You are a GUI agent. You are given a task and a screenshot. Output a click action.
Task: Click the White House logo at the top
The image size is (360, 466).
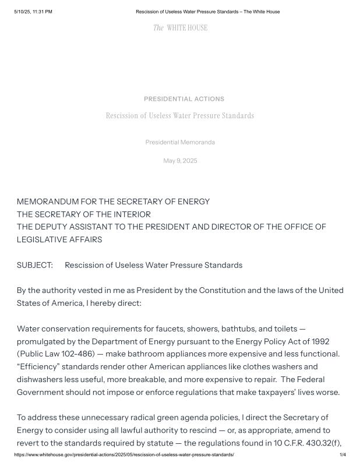[x=180, y=27]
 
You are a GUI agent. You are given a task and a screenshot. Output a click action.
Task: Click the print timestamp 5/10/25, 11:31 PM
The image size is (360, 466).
[x=33, y=12]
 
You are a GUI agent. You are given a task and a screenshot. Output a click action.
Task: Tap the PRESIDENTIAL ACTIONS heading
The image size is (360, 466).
[x=183, y=99]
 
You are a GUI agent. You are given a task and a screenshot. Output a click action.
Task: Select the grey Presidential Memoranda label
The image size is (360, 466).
[x=180, y=142]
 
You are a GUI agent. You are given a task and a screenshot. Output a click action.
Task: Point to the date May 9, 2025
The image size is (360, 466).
[x=180, y=161]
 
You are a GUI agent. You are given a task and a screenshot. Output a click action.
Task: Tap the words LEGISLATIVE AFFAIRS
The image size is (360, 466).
[x=59, y=239]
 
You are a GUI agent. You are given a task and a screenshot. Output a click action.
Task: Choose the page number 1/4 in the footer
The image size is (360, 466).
[x=343, y=454]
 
